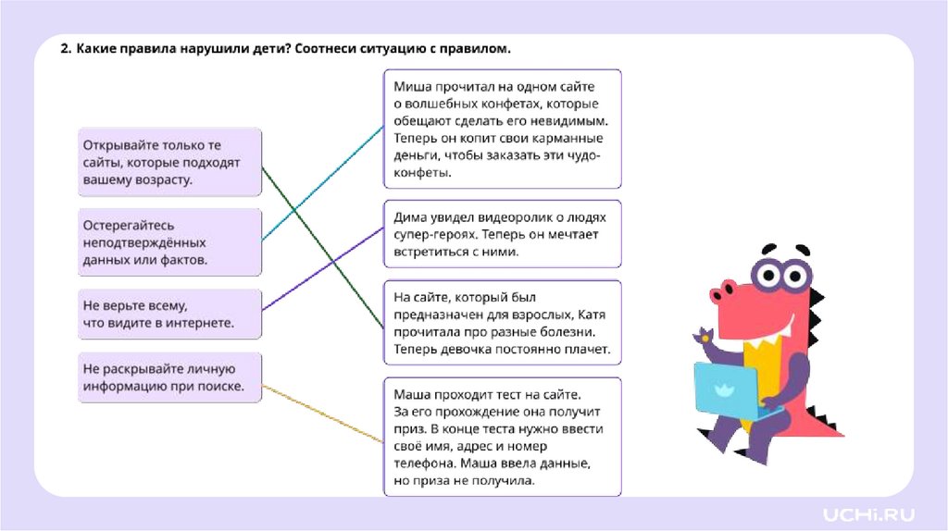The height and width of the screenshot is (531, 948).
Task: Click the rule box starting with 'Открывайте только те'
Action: [x=169, y=162]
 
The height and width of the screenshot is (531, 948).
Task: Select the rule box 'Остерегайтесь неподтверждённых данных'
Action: [x=169, y=242]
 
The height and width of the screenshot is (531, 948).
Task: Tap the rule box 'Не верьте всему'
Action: [x=169, y=314]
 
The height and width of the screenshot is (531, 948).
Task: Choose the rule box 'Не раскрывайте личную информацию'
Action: [x=169, y=377]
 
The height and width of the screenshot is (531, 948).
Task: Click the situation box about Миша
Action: [x=503, y=129]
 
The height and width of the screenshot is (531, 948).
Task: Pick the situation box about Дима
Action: [x=503, y=233]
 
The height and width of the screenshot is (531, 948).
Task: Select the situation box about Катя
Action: [x=503, y=322]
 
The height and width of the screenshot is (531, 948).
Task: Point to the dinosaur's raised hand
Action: [x=704, y=335]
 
